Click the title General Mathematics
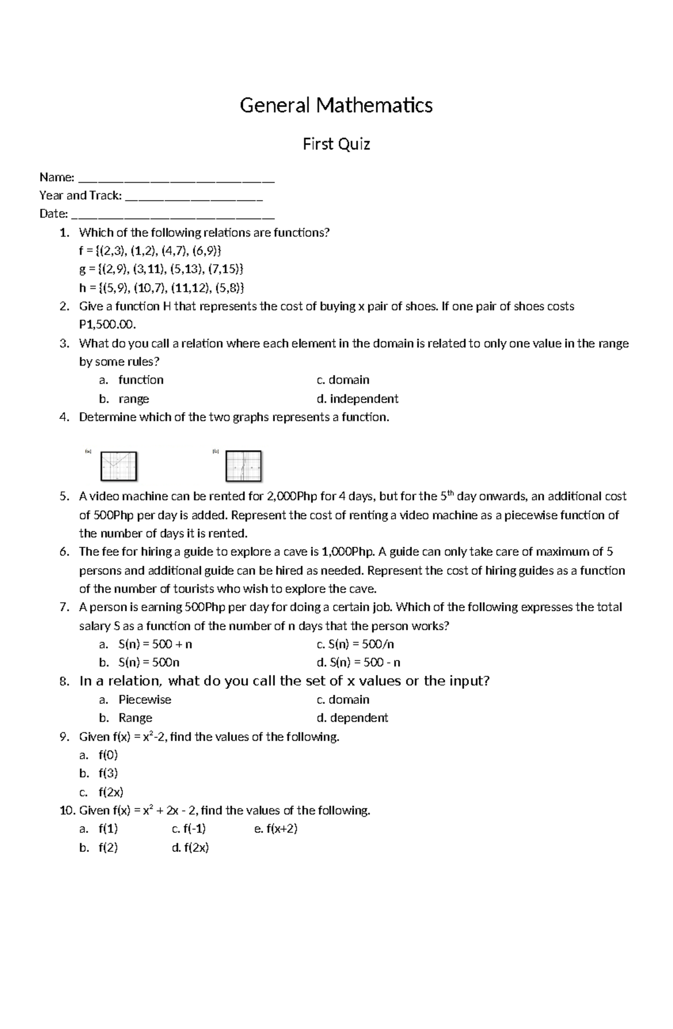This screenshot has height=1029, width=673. [336, 105]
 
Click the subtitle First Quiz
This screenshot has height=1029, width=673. [336, 145]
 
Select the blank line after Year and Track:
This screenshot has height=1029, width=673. [194, 197]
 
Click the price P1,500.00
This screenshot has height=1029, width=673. [107, 325]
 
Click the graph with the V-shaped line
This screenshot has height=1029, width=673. [118, 466]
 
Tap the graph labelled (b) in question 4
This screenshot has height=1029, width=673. [243, 466]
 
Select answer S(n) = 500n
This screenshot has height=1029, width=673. [149, 662]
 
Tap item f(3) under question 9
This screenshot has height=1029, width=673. [108, 773]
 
